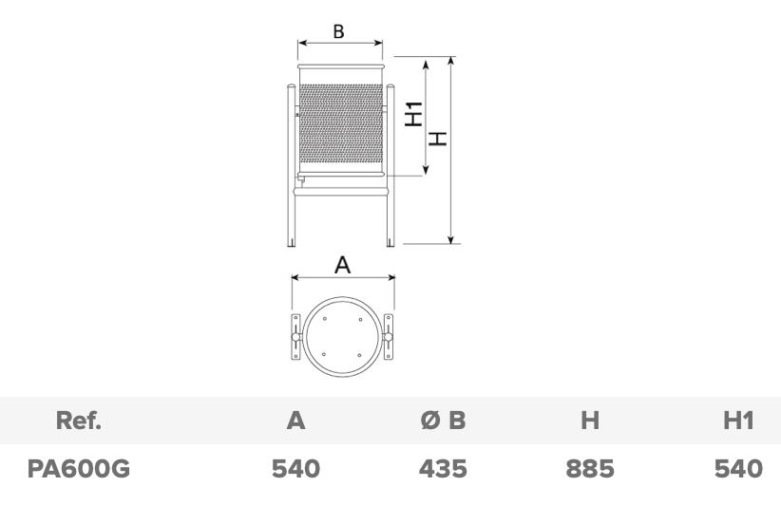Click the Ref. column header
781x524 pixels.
point(79,421)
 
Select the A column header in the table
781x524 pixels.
point(295,421)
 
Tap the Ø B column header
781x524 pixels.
point(443,421)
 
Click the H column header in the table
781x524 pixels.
point(590,421)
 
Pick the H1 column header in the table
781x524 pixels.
point(738,421)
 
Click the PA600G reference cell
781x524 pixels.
point(79,469)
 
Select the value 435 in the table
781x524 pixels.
point(443,469)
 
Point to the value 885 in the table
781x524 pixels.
point(590,469)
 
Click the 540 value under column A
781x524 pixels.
point(295,469)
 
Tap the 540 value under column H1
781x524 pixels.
point(738,469)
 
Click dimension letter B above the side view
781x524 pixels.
point(338,31)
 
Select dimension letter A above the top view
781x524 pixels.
point(342,265)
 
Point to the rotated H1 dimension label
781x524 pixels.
point(413,114)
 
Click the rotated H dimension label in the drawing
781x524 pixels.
point(438,139)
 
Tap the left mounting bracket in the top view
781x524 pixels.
point(295,336)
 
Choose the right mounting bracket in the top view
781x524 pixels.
point(388,336)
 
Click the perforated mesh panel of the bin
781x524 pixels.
point(341,123)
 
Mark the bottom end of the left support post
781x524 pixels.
point(292,246)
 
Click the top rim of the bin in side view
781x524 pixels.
point(341,66)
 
